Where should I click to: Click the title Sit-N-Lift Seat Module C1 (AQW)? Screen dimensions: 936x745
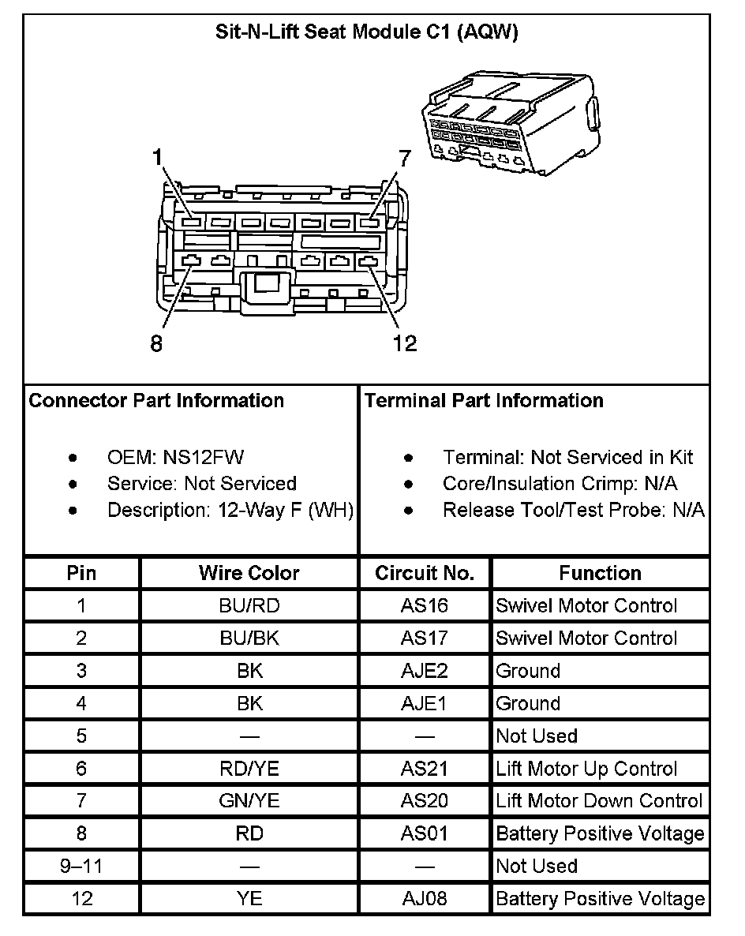click(366, 32)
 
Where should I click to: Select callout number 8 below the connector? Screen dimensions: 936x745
click(156, 344)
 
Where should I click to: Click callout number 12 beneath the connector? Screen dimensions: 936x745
click(405, 344)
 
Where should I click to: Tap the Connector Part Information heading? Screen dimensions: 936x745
click(156, 400)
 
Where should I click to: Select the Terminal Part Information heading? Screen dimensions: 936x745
click(484, 400)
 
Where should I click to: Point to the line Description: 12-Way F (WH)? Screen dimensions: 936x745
click(230, 510)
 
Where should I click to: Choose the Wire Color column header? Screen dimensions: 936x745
click(249, 573)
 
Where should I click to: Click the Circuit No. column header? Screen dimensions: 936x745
click(425, 573)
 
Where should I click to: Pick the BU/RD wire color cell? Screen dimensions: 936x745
click(249, 606)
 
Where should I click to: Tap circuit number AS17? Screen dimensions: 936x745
click(424, 638)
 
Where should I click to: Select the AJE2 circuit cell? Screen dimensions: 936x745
click(424, 671)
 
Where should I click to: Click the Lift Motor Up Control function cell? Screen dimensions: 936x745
click(586, 769)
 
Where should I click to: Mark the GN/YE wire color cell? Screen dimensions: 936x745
click(249, 801)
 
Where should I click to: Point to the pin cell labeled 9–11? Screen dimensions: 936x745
click(81, 866)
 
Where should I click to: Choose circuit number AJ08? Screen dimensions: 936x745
click(424, 899)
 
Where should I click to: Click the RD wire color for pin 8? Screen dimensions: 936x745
click(249, 833)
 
